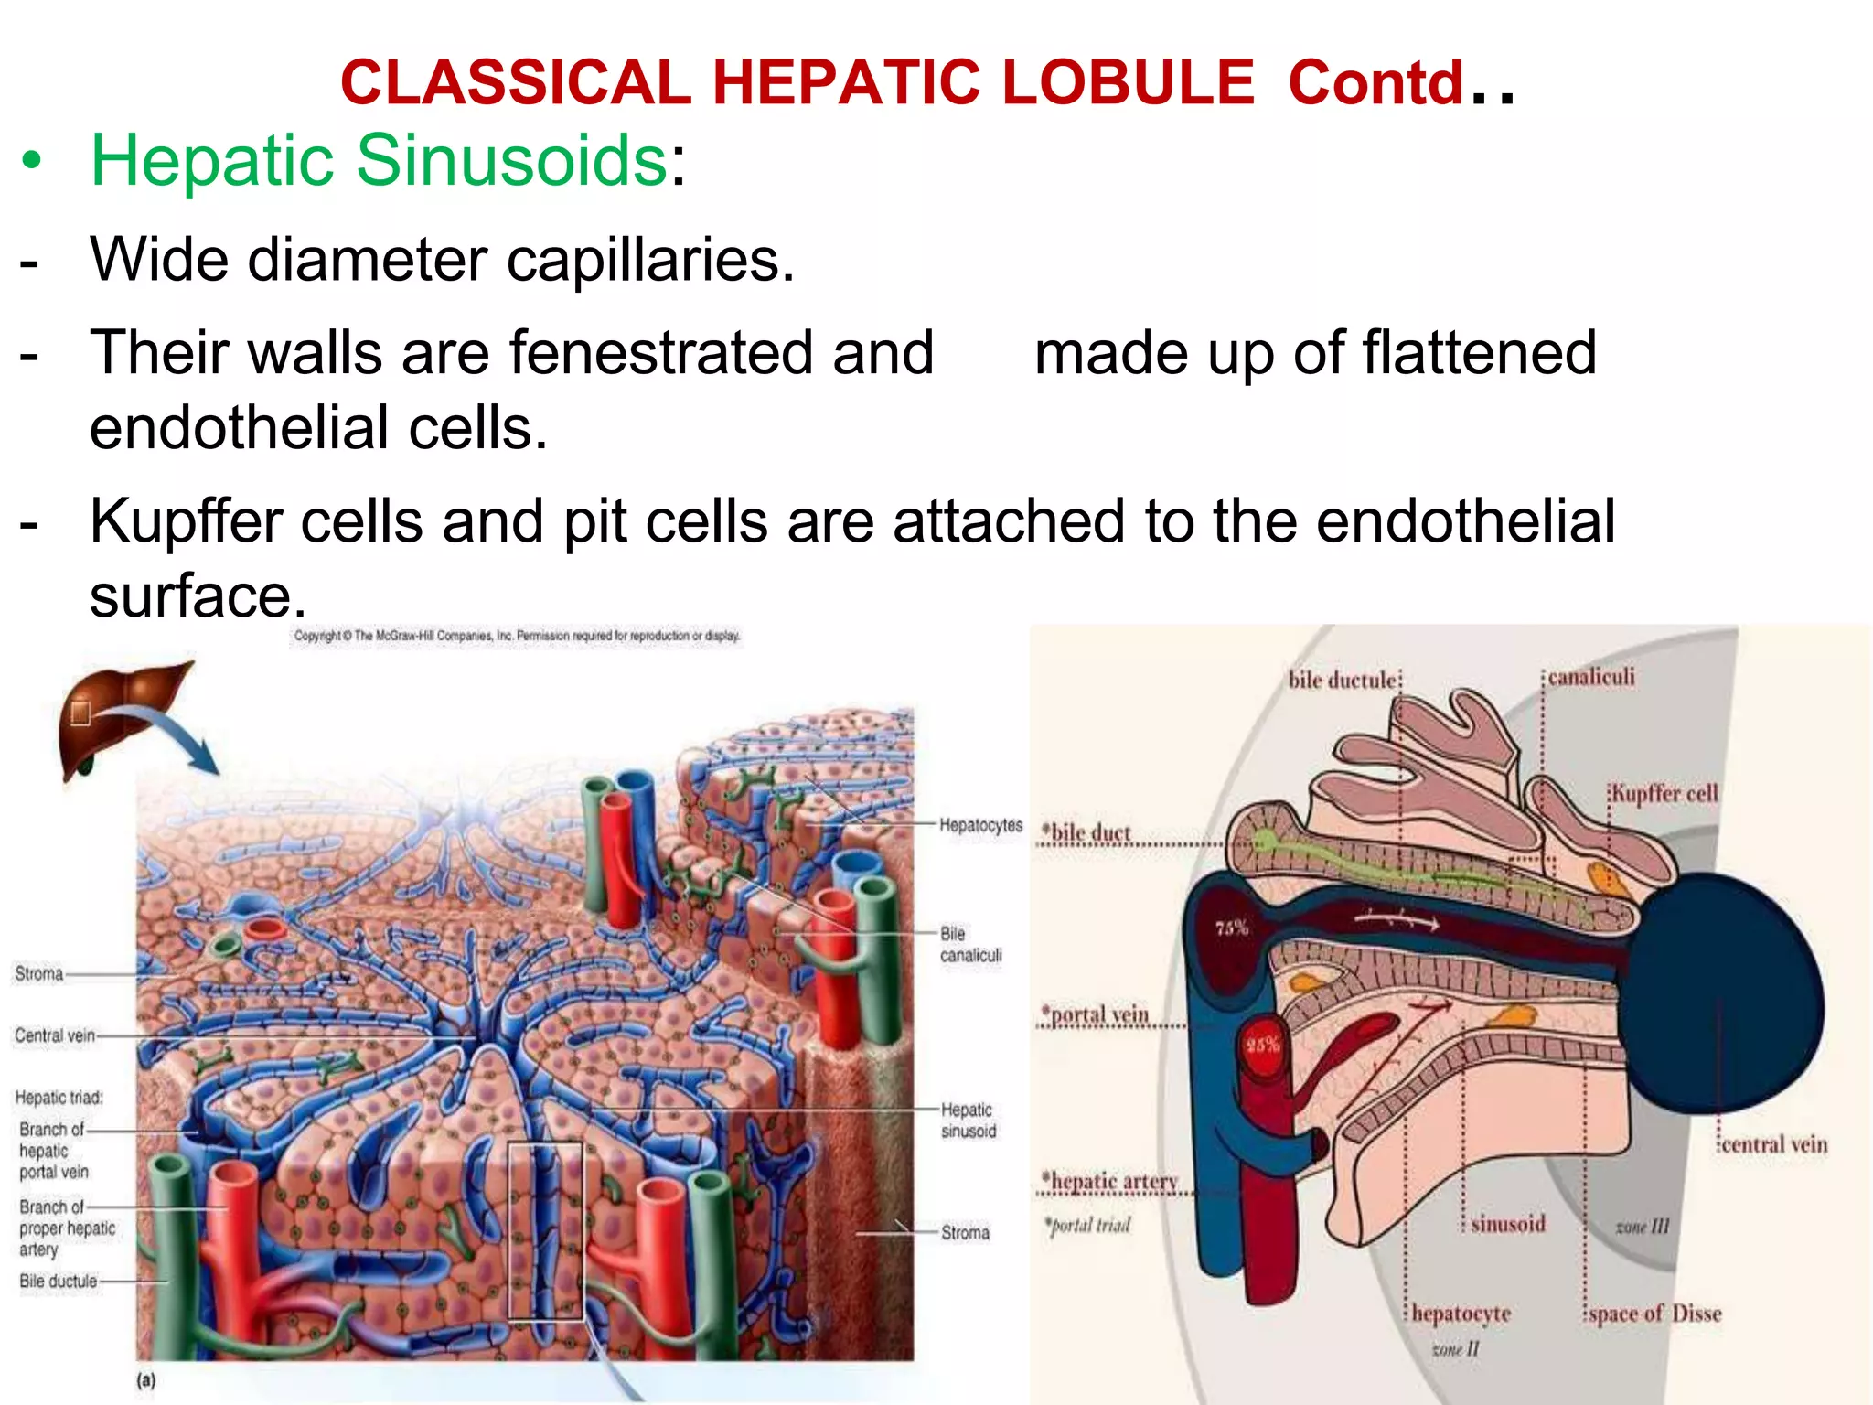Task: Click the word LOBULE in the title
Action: [1127, 82]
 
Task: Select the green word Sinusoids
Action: [511, 160]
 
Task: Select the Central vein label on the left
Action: [55, 1035]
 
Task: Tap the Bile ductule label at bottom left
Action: [58, 1281]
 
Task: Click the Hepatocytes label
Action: [980, 825]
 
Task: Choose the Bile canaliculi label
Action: [969, 944]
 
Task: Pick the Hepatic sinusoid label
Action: [968, 1120]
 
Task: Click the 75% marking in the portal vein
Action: [1232, 928]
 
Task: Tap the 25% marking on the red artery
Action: [1262, 1044]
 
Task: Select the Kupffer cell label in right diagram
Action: [1664, 793]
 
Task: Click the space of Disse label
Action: [1654, 1314]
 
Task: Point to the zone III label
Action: [1642, 1226]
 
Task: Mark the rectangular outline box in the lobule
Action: [545, 1230]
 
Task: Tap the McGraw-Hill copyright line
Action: [517, 636]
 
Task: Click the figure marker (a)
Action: [146, 1380]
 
